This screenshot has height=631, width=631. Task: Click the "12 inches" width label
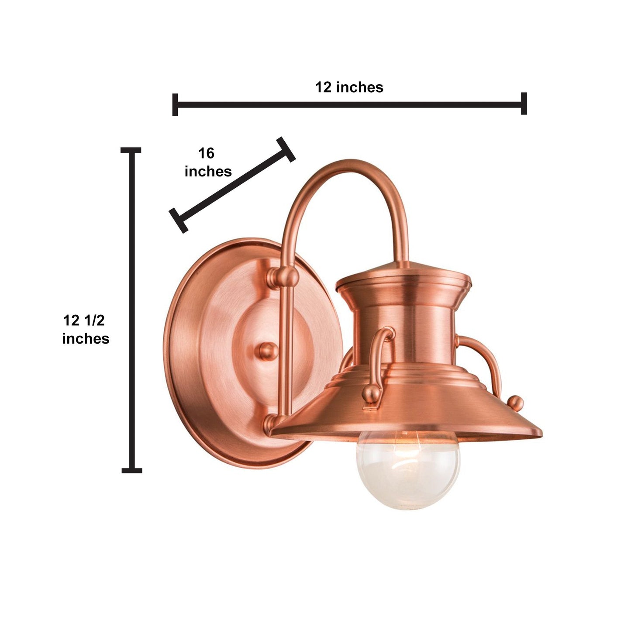click(x=349, y=87)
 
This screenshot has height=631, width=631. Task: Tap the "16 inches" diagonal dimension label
click(x=208, y=162)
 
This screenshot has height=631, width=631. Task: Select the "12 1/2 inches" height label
click(x=86, y=329)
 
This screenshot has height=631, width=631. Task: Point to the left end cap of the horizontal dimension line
click(x=175, y=104)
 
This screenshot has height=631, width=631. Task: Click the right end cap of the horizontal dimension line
click(x=524, y=103)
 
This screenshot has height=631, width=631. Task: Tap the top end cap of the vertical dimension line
click(x=131, y=150)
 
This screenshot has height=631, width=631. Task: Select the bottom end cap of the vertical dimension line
click(x=131, y=471)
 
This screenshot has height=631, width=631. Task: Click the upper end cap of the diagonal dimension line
click(x=286, y=149)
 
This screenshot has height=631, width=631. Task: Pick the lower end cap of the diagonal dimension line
click(x=179, y=221)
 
